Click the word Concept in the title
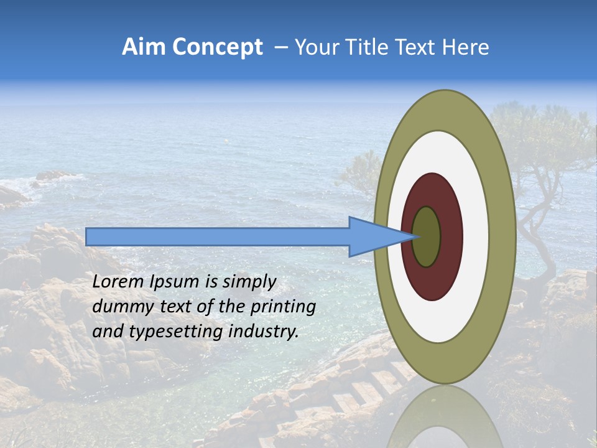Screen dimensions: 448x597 [x=217, y=47]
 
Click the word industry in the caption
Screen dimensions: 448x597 [x=264, y=332]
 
